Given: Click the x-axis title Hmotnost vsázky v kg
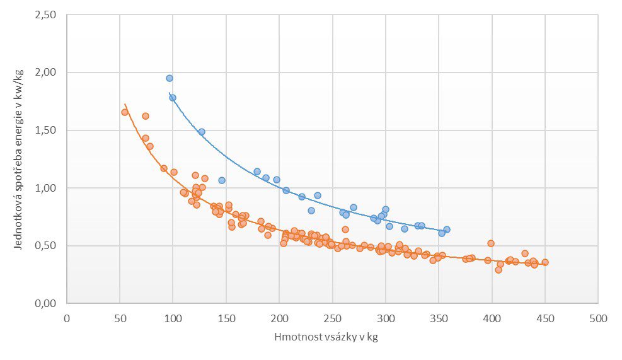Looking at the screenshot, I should coord(326,337).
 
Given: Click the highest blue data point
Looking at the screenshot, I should coord(170,78).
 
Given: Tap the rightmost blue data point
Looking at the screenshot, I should coord(447,229).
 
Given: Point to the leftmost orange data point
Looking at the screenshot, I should coord(125,112).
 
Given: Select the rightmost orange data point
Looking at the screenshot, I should coord(545,262).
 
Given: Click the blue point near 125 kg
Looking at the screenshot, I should coord(202,132).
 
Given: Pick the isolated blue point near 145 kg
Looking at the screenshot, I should coord(222,180).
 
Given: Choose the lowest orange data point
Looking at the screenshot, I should coord(498,270).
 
